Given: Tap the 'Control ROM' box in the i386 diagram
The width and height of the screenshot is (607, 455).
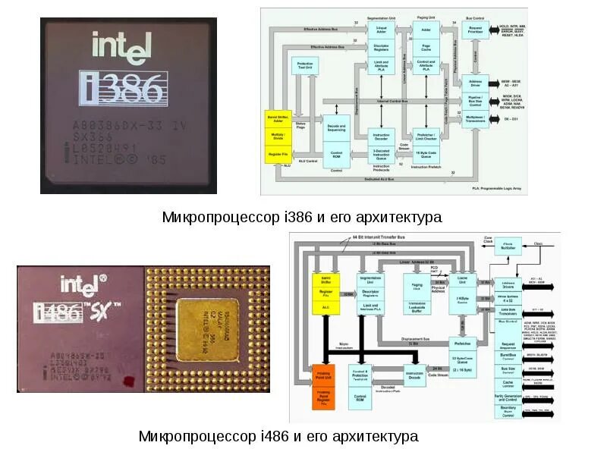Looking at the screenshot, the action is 336,155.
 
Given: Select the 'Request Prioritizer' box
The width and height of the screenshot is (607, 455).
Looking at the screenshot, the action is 476,31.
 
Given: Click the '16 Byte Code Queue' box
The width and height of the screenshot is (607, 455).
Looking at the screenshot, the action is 426,155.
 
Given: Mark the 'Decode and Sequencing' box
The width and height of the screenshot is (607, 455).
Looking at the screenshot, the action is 336,128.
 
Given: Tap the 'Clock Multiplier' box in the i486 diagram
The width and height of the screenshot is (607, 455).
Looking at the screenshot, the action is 508,246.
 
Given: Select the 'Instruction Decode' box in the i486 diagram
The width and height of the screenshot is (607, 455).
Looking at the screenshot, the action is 414,375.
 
